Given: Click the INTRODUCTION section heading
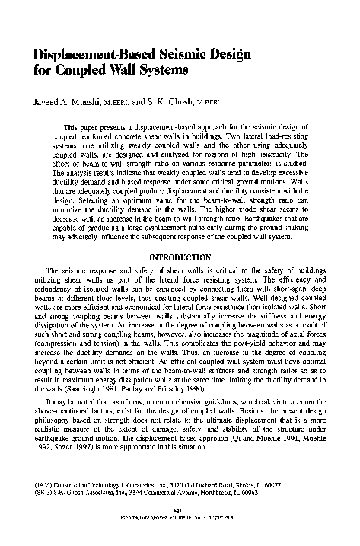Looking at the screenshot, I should click(x=180, y=258).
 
